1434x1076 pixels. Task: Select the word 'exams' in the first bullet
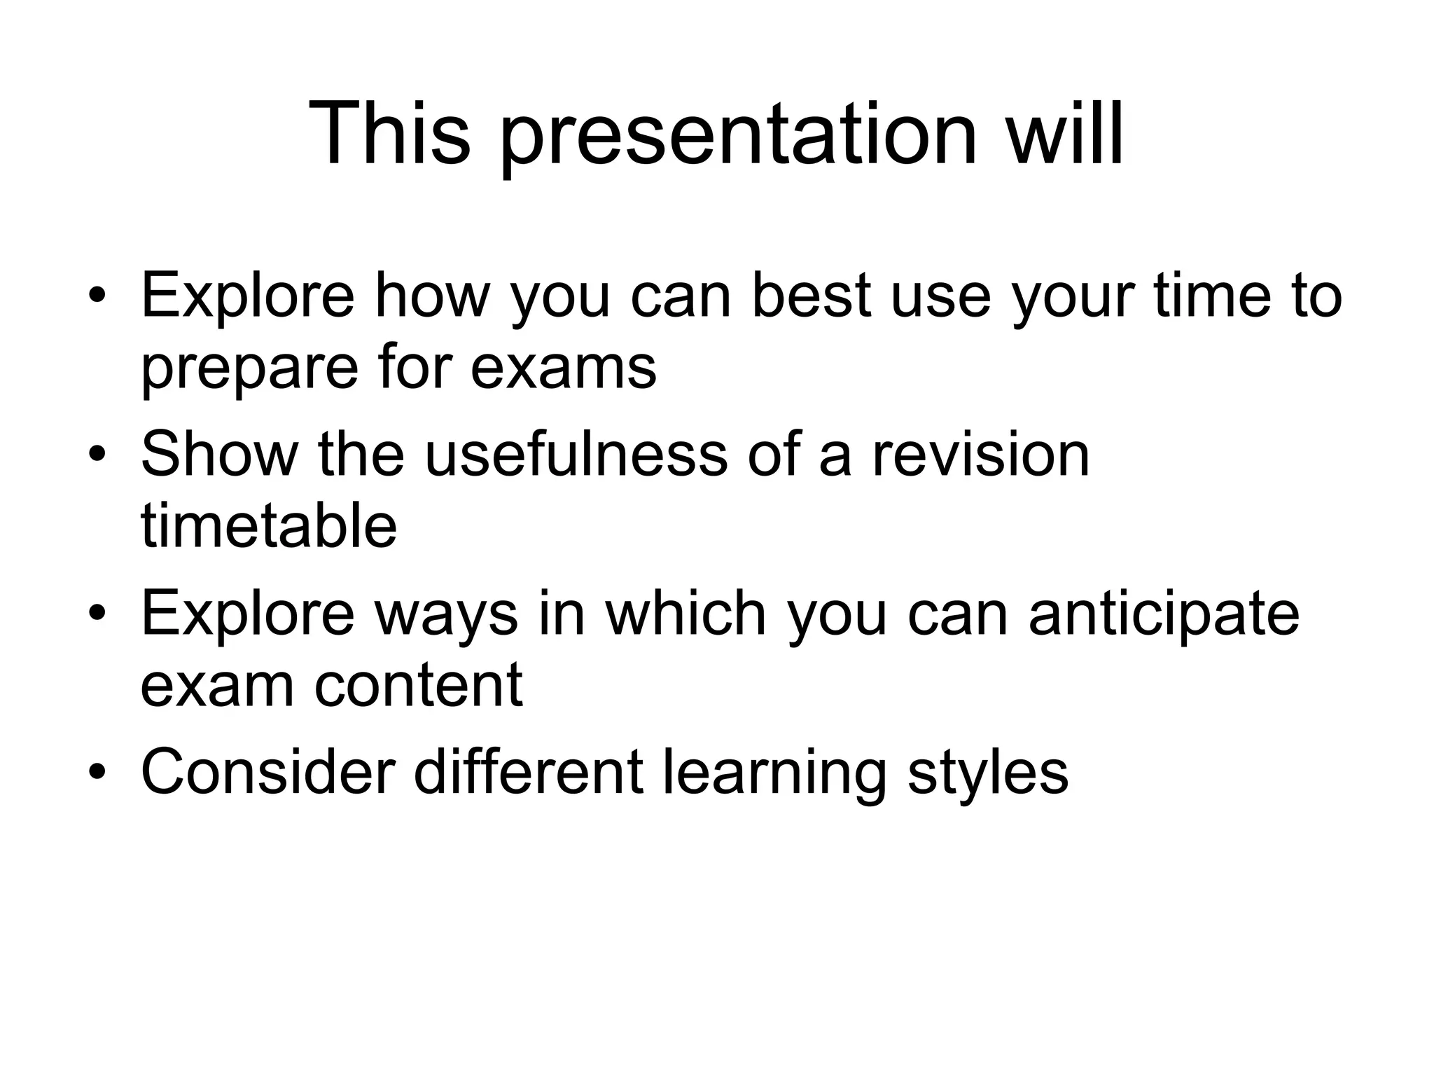click(x=564, y=368)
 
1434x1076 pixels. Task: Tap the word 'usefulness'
click(x=576, y=454)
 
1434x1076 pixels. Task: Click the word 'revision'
click(x=980, y=454)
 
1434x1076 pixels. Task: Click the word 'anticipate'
click(x=1163, y=614)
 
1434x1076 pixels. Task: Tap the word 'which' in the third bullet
click(x=685, y=614)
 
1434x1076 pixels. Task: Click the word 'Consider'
click(x=268, y=772)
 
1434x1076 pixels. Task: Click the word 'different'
click(x=529, y=772)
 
